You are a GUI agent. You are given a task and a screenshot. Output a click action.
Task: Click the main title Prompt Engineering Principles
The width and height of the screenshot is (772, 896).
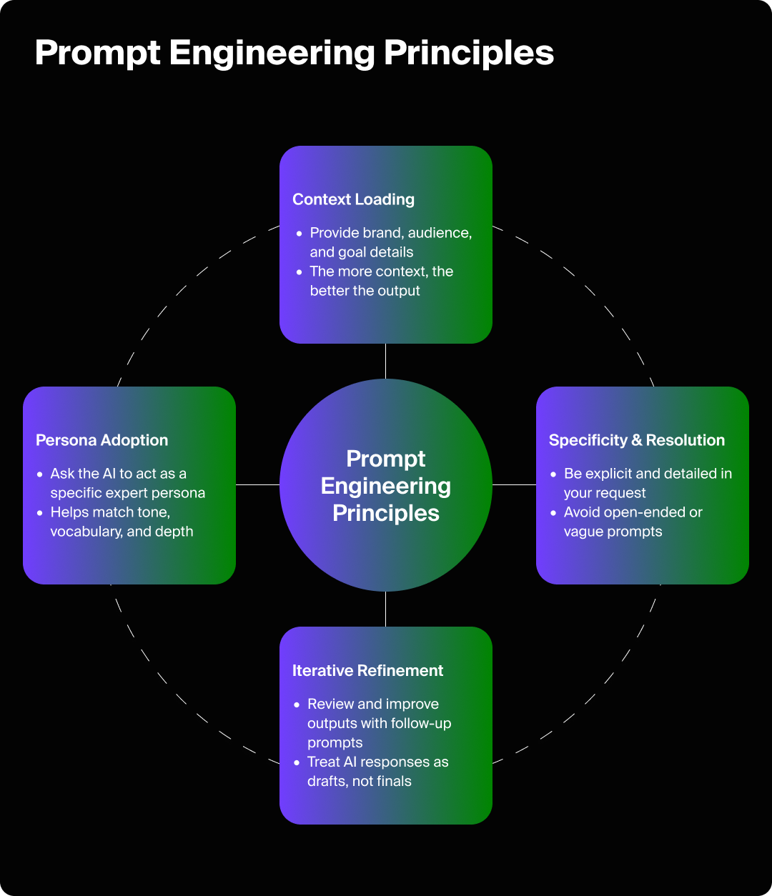[294, 53]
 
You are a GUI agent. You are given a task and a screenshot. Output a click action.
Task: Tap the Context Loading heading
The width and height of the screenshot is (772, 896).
[353, 199]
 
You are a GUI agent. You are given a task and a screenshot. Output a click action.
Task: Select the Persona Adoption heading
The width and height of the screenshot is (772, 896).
[102, 440]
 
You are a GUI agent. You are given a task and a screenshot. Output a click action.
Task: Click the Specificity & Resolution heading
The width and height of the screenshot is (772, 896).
[636, 440]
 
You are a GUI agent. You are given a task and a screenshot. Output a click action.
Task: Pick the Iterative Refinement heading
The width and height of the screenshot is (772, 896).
[367, 670]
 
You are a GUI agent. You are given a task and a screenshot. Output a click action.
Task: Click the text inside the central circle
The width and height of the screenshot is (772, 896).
[385, 486]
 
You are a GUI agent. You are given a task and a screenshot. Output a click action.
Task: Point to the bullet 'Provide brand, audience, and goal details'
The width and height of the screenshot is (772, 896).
[390, 242]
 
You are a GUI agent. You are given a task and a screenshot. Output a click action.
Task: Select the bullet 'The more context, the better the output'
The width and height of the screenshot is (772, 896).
[380, 281]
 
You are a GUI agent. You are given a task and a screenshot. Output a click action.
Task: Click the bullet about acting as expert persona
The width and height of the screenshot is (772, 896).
[127, 483]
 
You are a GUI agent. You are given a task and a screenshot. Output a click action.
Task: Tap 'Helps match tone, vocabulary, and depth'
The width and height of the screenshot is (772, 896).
[122, 522]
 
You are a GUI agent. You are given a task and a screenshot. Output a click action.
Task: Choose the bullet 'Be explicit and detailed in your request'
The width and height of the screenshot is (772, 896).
[646, 483]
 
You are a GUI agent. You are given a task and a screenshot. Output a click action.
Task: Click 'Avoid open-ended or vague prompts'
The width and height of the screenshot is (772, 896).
[632, 522]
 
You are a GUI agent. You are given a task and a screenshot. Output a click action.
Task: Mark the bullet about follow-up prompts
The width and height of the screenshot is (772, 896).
[378, 723]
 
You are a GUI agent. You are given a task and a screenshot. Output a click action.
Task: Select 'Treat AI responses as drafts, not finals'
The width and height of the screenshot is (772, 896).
[377, 772]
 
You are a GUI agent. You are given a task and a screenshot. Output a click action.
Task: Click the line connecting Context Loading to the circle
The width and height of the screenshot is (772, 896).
[385, 361]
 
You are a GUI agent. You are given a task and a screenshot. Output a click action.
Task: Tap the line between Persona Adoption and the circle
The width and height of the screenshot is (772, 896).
[257, 484]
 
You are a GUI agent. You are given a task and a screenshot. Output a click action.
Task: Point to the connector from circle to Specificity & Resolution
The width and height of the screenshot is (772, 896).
[514, 484]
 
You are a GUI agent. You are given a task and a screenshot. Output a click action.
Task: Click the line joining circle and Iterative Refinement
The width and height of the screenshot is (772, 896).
[385, 609]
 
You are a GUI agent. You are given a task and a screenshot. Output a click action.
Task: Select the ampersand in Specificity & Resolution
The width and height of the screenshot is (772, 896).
[636, 440]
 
